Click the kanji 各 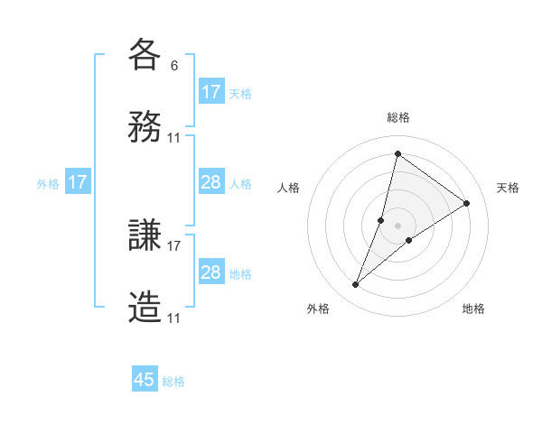point(145,54)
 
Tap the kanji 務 point(145,126)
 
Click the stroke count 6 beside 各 point(174,65)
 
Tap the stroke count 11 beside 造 point(174,318)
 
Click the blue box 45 point(145,380)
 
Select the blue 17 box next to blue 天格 point(211,92)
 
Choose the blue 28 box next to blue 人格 point(211,182)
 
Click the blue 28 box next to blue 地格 point(211,272)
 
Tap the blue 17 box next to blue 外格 point(78,182)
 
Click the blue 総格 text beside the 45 point(173,382)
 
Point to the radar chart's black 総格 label point(397,117)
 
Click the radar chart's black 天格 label point(508,188)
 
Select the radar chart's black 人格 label point(288,188)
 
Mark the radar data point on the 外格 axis point(356,285)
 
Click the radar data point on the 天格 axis point(467,203)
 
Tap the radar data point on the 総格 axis point(397,153)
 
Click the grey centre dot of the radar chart point(397,226)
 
